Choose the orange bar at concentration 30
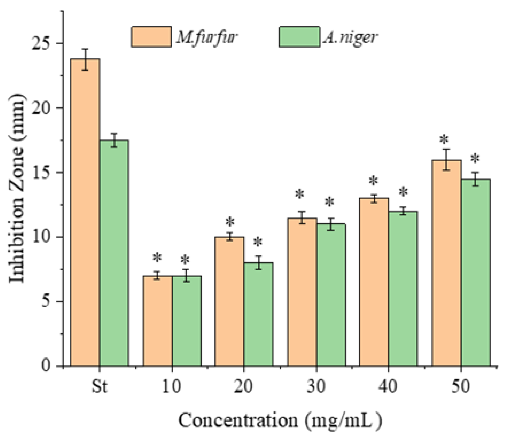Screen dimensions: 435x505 tap(302, 292)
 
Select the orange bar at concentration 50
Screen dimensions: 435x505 tap(446, 263)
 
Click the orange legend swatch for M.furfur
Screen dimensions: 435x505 tap(151, 37)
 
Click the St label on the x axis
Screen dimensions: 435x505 tap(99, 387)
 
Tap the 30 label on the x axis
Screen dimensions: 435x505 tap(316, 387)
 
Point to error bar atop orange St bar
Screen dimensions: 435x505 tap(85, 59)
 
